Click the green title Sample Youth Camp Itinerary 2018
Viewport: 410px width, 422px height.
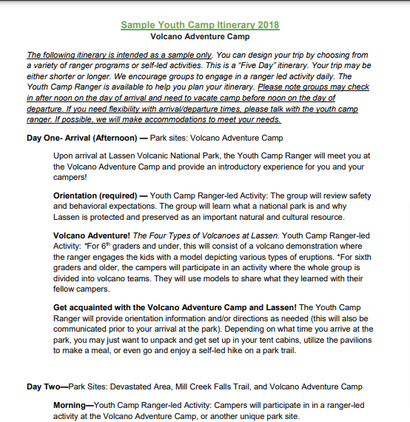click(200, 24)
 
